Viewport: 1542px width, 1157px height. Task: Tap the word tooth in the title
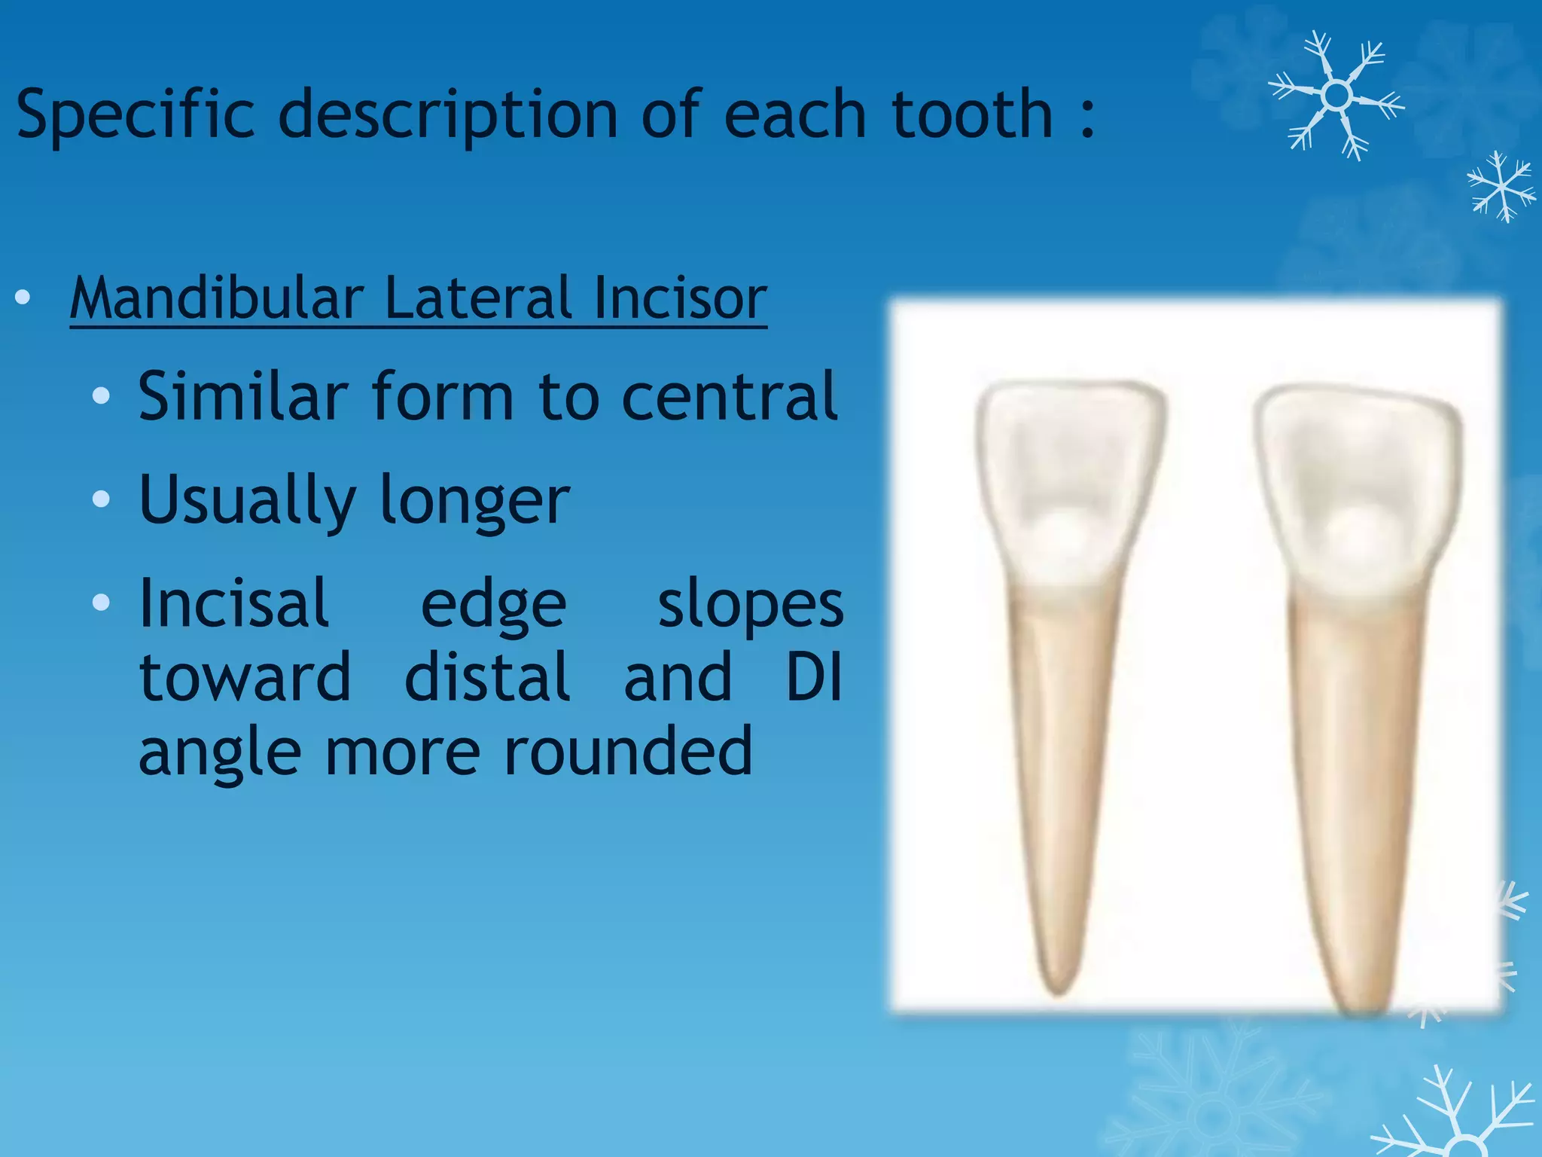click(x=971, y=114)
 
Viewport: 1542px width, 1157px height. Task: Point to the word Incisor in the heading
click(x=680, y=298)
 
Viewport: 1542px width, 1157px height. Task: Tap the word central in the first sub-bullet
click(x=729, y=397)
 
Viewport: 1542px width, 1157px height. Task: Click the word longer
click(x=474, y=501)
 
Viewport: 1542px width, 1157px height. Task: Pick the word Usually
click(x=247, y=501)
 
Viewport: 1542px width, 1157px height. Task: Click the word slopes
click(x=751, y=605)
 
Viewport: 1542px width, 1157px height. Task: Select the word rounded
click(x=627, y=751)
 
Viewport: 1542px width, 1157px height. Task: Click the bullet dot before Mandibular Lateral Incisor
click(x=23, y=298)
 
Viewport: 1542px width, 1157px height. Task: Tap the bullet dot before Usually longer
click(x=101, y=499)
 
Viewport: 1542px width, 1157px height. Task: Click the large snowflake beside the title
click(x=1336, y=96)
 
